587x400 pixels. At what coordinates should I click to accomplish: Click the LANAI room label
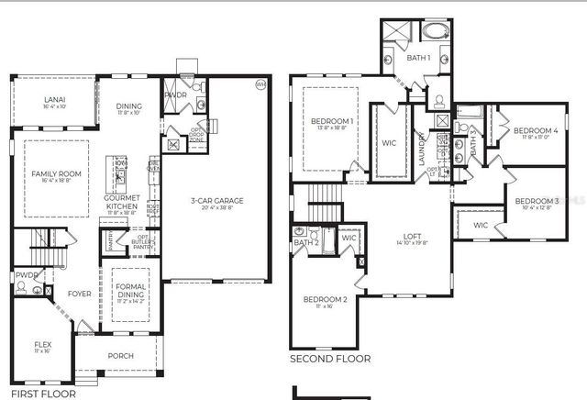pos(53,100)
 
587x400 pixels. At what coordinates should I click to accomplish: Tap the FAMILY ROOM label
pos(56,173)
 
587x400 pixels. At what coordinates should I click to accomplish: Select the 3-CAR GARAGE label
pos(216,201)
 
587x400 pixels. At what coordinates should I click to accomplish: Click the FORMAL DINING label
pos(130,290)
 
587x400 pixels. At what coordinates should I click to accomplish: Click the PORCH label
pos(120,356)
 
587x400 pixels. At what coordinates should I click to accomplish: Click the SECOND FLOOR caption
pos(330,360)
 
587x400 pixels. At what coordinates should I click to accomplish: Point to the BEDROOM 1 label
pos(332,121)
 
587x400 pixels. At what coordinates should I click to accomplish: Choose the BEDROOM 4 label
pos(536,130)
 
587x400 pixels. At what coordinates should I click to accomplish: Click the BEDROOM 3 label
pos(536,201)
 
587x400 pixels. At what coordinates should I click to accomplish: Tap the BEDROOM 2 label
pos(326,299)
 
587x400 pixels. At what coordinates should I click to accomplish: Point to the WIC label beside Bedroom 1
pos(388,143)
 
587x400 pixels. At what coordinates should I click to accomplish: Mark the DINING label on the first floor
pos(129,106)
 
